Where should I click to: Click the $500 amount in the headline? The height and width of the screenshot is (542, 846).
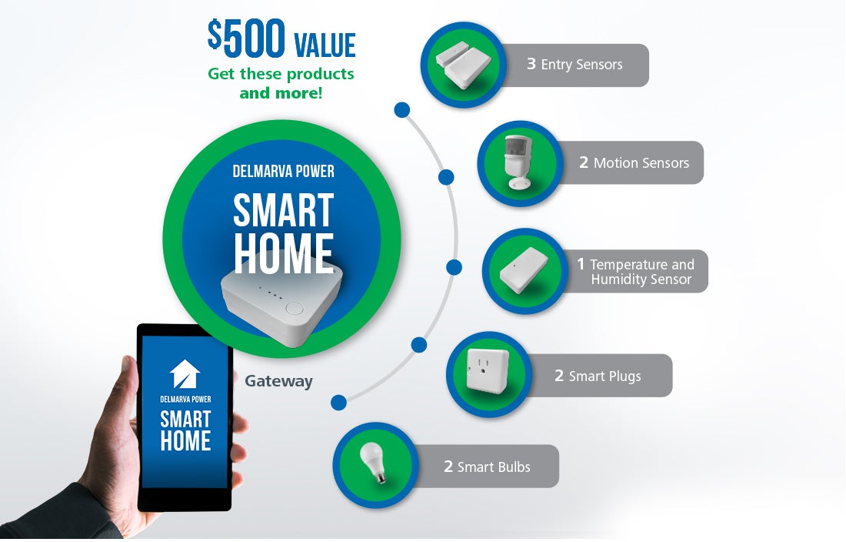coord(246,38)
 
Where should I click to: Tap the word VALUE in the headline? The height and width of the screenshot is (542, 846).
coord(325,45)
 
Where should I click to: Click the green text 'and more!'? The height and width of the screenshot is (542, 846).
coord(281,93)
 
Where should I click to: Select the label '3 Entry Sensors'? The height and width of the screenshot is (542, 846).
coord(575,64)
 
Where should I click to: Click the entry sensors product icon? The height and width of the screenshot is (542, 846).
coord(463,65)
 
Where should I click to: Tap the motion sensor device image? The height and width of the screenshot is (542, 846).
coord(518,162)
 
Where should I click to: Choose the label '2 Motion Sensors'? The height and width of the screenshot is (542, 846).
coord(634,162)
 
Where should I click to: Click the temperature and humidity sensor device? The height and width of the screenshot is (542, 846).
coord(523,270)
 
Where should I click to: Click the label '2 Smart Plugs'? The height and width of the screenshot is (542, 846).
coord(598,376)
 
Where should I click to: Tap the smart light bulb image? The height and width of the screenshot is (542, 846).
coord(373,462)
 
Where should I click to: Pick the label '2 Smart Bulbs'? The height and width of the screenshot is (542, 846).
coord(487,467)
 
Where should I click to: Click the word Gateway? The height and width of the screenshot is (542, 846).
coord(278,381)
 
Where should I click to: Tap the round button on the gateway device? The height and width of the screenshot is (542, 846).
coord(294,309)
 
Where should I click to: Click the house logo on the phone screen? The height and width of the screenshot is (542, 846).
coord(185,373)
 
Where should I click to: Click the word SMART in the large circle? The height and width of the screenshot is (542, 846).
coord(283,210)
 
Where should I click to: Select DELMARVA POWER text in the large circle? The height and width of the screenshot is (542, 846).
coord(283,171)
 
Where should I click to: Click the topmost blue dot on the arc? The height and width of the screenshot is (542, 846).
coord(402,110)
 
